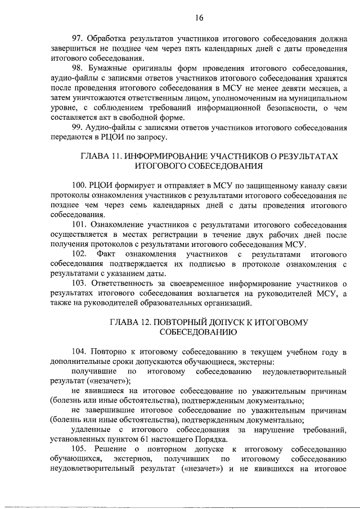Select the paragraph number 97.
click(78, 38)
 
